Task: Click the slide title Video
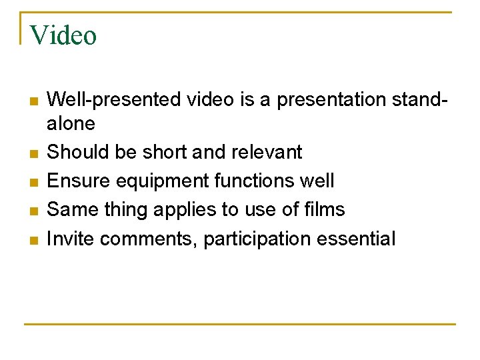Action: coord(63,35)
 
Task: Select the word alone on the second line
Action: coord(71,123)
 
